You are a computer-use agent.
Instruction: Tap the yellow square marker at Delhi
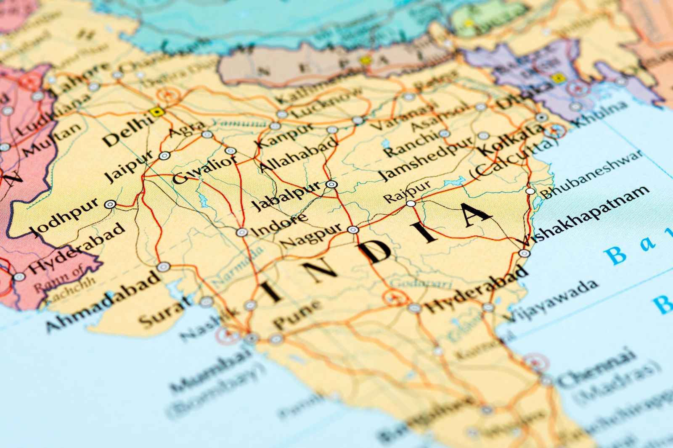point(157,112)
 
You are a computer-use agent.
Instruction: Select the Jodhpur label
point(64,217)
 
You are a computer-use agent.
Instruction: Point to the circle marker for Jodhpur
point(110,204)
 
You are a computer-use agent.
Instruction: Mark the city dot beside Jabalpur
point(331,184)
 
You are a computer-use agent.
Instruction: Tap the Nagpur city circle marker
point(353,229)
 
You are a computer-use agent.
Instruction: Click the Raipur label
point(407,191)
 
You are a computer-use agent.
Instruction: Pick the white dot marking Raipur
point(411,204)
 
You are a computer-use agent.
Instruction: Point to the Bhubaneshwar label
point(591,174)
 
